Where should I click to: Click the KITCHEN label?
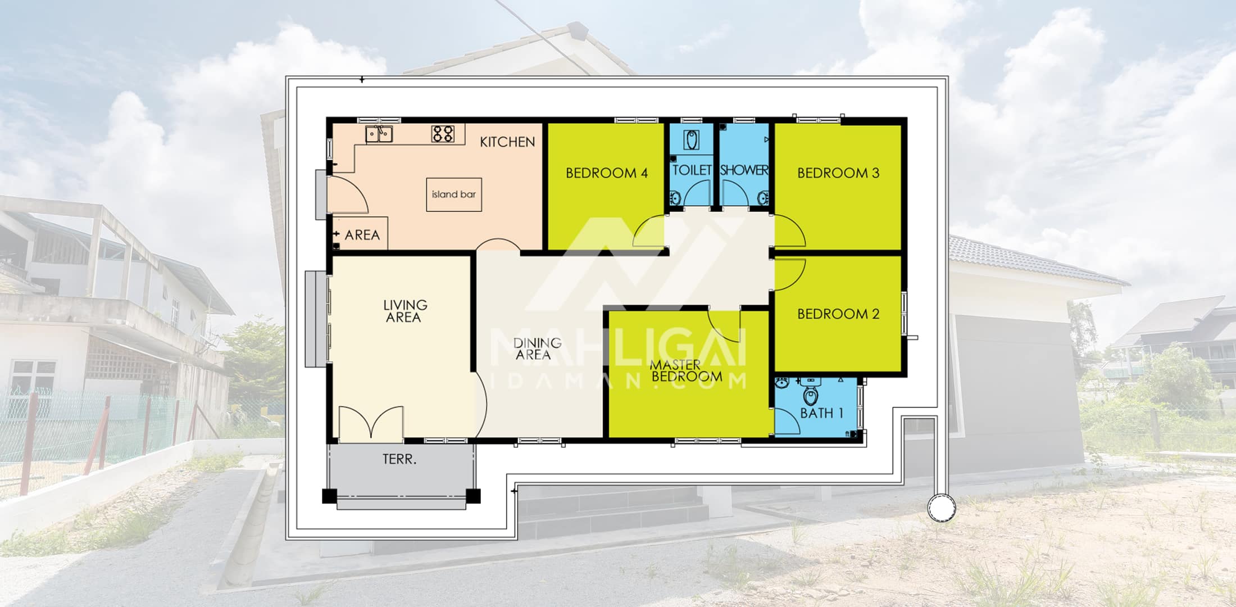[x=507, y=142]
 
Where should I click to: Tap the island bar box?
[x=454, y=194]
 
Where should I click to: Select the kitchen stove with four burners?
[x=443, y=134]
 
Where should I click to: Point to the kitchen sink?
[x=379, y=134]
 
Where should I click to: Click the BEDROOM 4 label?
[x=607, y=173]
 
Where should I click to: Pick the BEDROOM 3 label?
[x=838, y=173]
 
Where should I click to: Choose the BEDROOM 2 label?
[x=838, y=314]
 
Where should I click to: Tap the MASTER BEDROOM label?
[x=685, y=371]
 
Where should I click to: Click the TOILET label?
[x=692, y=170]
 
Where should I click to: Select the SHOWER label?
[x=744, y=170]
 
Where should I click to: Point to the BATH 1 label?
[x=821, y=413]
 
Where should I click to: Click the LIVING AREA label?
[x=405, y=311]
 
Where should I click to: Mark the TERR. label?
[x=399, y=459]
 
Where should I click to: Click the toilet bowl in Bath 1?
[x=810, y=395]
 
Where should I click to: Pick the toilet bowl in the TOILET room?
[x=693, y=139]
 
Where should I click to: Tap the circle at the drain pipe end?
[x=940, y=508]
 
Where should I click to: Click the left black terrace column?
[x=329, y=496]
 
